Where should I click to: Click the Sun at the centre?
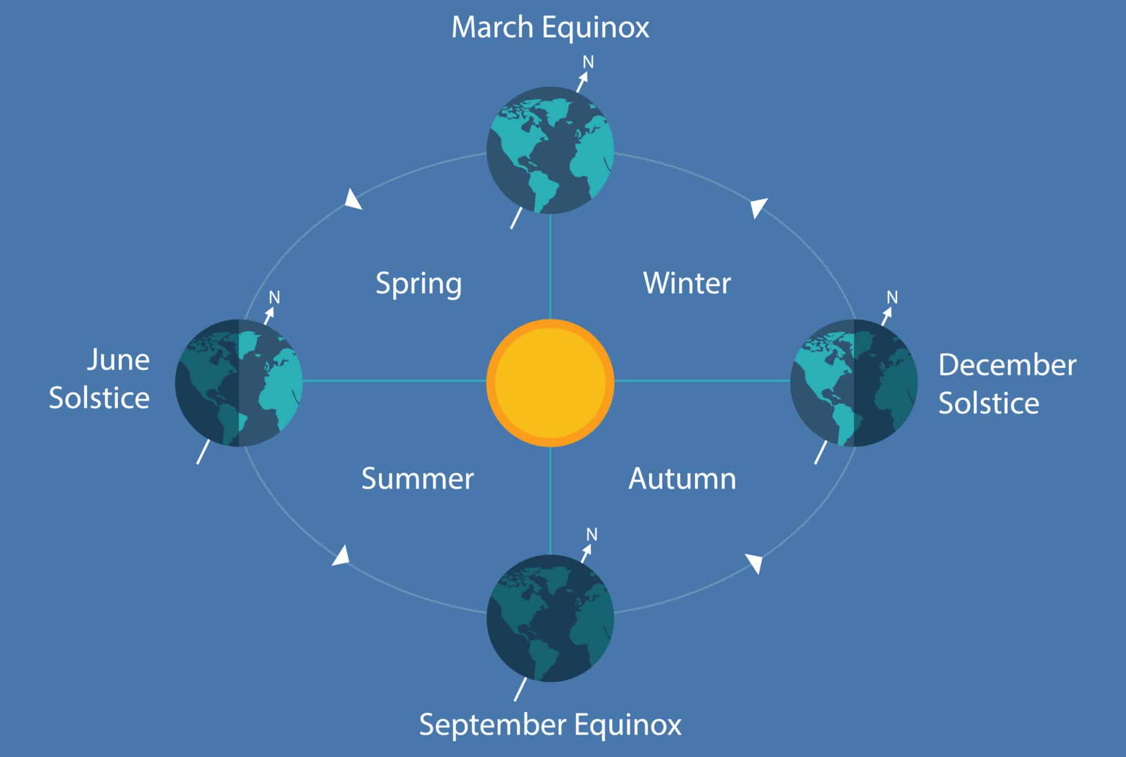tap(550, 383)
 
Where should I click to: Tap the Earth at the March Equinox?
tap(550, 150)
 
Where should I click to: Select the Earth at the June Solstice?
tap(239, 383)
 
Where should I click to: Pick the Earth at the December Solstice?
tap(854, 383)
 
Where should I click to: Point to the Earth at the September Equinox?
tap(550, 618)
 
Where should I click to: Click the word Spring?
tap(419, 284)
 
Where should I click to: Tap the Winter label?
tap(687, 283)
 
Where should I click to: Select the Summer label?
tap(417, 478)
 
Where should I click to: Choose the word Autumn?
tap(682, 478)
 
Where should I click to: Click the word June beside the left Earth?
tap(119, 360)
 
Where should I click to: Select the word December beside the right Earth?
tap(1007, 365)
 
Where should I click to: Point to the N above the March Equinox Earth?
tap(588, 62)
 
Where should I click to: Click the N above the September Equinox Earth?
tap(592, 534)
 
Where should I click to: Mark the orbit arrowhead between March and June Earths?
tap(352, 199)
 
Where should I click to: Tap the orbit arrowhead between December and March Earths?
tap(758, 208)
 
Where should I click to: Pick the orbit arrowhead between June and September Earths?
tap(341, 555)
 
